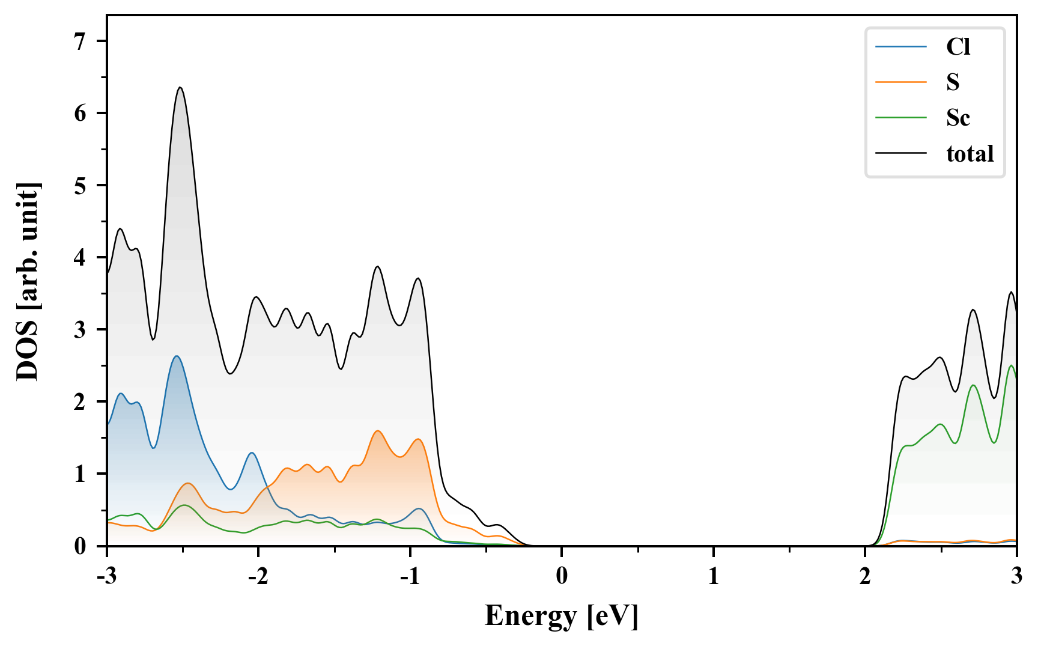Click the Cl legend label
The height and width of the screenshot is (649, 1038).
tap(958, 47)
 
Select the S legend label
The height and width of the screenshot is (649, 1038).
tap(953, 82)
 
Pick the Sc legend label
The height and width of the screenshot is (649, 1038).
tap(958, 118)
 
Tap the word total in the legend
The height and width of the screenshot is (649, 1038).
tap(970, 154)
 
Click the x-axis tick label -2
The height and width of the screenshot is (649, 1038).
tap(258, 576)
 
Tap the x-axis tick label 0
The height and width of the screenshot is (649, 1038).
tap(562, 576)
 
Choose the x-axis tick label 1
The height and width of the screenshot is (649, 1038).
tap(713, 576)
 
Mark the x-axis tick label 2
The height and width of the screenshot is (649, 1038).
tap(864, 576)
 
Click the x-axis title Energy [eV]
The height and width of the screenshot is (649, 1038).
tap(562, 616)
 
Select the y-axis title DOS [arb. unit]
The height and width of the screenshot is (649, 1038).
tap(28, 281)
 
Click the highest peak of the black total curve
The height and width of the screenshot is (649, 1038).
tap(180, 88)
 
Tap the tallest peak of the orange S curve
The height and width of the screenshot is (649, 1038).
tap(378, 431)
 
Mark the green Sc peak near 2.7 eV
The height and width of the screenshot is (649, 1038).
tap(973, 385)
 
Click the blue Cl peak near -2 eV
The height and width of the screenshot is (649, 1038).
tap(252, 452)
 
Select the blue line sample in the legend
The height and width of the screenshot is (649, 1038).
tap(901, 47)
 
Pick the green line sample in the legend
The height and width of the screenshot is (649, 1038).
tap(901, 118)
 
